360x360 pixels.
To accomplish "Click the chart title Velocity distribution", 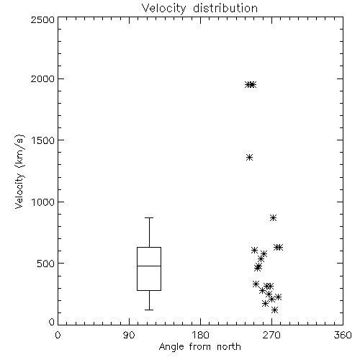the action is (199, 8).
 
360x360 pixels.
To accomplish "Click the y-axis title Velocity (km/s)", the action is (19, 171).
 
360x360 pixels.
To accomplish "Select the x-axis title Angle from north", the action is (199, 347).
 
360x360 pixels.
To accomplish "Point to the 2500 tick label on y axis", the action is (42, 19).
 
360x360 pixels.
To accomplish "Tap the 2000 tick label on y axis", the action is (42, 78).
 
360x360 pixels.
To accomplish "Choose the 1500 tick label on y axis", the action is (43, 140).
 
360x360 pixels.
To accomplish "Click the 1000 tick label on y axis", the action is (43, 202).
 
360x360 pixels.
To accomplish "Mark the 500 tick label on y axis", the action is (46, 264).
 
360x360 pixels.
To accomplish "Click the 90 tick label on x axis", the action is (129, 335).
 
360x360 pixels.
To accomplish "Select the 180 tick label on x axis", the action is (200, 335).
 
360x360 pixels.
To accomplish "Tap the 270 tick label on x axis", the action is (271, 335).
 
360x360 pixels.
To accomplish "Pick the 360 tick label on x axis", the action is (343, 335).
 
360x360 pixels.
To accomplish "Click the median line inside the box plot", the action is (149, 266).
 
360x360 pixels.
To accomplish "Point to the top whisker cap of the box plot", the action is (149, 217).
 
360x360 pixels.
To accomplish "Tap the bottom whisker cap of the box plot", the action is (149, 310).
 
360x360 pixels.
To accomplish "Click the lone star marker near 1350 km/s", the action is (249, 158).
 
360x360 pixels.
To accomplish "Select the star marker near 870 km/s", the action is (273, 218).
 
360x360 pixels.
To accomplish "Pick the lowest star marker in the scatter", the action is (274, 310).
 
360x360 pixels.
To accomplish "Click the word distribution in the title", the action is (225, 8).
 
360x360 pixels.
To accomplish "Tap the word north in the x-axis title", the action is (229, 347).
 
